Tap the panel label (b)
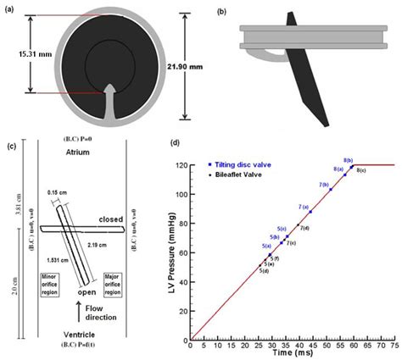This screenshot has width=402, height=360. point(222,10)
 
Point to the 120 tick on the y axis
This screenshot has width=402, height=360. point(179,165)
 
